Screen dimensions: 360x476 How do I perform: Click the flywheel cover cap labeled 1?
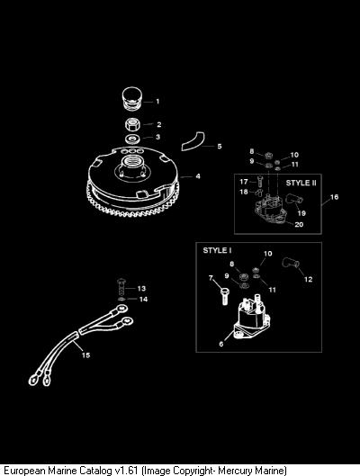[131, 99]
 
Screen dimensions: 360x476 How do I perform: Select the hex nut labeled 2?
[132, 124]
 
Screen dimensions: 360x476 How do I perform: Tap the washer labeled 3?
[132, 139]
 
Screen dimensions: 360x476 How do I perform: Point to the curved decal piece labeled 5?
[193, 141]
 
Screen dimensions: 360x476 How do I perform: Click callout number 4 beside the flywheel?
[198, 176]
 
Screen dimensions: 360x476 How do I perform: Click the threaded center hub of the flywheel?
[132, 165]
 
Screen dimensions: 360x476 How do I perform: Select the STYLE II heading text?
[301, 183]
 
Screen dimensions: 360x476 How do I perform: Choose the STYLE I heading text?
[217, 250]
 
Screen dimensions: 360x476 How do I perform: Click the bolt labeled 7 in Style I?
[224, 296]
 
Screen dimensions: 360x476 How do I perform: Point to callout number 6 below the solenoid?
[221, 344]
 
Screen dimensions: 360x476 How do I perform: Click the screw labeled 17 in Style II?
[259, 181]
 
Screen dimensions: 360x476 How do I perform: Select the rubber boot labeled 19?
[294, 200]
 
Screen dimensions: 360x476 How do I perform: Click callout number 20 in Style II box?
[299, 224]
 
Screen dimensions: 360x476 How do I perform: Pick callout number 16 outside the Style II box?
[334, 197]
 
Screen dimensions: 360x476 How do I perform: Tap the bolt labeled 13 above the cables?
[121, 287]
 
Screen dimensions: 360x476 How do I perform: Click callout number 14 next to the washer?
[143, 300]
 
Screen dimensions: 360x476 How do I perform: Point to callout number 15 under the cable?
[85, 355]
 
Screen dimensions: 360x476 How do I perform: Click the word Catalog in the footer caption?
[95, 471]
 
